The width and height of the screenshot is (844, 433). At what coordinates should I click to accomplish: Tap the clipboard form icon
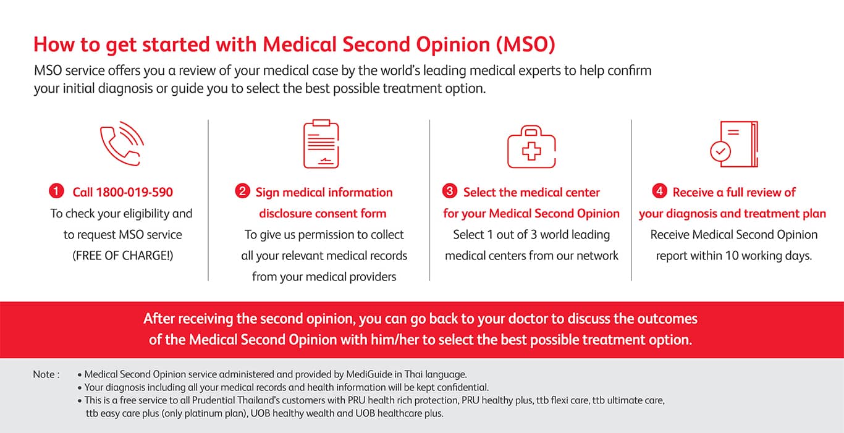point(321,145)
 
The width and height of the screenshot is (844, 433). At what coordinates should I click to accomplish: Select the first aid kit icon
point(531,148)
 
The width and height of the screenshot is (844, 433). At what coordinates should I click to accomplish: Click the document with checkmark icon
point(733,145)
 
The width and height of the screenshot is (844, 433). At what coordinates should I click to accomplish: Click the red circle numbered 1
point(56,192)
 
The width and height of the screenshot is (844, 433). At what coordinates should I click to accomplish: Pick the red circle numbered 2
point(242,192)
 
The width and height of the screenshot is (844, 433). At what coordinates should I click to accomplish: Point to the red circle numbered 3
point(450,192)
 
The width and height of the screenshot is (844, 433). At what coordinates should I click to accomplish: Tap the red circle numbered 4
point(659,192)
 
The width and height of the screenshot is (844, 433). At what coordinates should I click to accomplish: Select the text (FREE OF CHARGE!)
point(123,255)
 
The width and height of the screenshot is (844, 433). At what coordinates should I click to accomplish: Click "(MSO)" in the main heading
point(526,44)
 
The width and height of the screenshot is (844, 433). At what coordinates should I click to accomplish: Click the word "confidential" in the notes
point(460,388)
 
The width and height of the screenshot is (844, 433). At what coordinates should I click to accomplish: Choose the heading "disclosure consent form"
point(323,214)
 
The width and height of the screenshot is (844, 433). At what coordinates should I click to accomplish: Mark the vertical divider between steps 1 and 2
point(208,200)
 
